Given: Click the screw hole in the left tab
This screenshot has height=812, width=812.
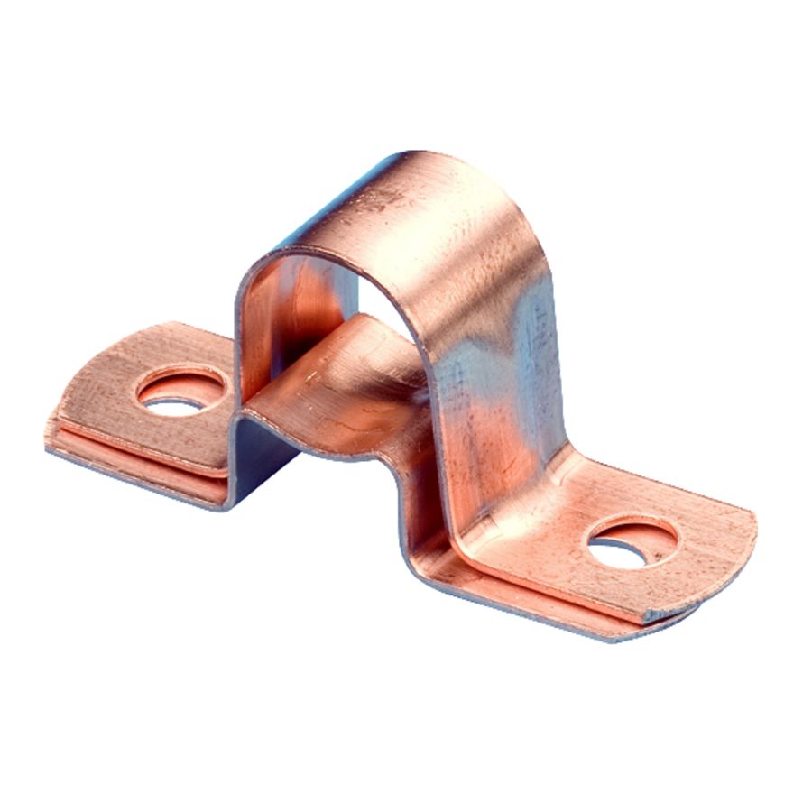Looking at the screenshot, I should click(x=181, y=391).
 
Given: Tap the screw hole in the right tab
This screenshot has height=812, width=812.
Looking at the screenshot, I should click(x=631, y=543).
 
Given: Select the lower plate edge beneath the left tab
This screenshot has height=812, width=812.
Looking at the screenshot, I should click(x=135, y=469).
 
